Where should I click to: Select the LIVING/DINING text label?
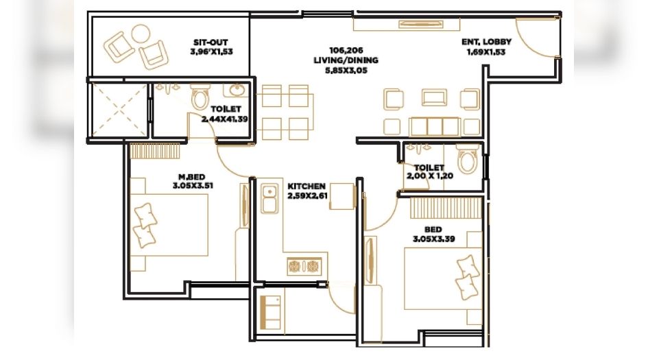(x=346, y=60)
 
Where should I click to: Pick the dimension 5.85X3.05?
(x=346, y=69)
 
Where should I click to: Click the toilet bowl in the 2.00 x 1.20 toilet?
(x=467, y=160)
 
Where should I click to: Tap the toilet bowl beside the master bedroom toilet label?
(x=200, y=99)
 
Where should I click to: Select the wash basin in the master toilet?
(x=237, y=90)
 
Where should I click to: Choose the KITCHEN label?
(x=307, y=187)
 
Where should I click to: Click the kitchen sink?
(x=268, y=195)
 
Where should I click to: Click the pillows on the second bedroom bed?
(x=468, y=276)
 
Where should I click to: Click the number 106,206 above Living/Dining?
(x=346, y=50)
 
